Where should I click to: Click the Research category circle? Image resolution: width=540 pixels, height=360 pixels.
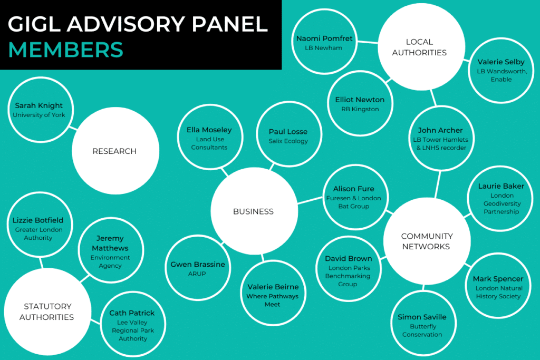coord(115,151)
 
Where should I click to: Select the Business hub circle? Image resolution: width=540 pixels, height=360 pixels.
coord(254,211)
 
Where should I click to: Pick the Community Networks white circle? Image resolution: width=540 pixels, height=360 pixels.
coord(427,241)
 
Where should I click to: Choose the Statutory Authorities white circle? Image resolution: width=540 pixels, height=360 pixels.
coord(47,312)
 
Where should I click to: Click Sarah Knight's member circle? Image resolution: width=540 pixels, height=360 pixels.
coord(40,110)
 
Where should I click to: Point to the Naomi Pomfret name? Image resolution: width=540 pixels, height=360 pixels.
coord(324,38)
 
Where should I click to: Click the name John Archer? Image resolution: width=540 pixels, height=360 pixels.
coord(440,130)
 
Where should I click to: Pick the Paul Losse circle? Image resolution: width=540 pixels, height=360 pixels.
coord(288,135)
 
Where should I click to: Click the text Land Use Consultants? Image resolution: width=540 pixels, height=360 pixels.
coord(210,143)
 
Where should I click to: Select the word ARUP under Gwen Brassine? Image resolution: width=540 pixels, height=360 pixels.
coord(197,274)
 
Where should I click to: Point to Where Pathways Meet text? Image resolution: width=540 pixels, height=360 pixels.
coord(273,300)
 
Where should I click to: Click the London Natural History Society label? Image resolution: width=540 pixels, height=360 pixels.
coord(498,292)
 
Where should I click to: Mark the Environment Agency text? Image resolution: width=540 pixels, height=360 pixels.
coord(110,262)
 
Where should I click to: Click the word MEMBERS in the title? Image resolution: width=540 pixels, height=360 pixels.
coord(66,50)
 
